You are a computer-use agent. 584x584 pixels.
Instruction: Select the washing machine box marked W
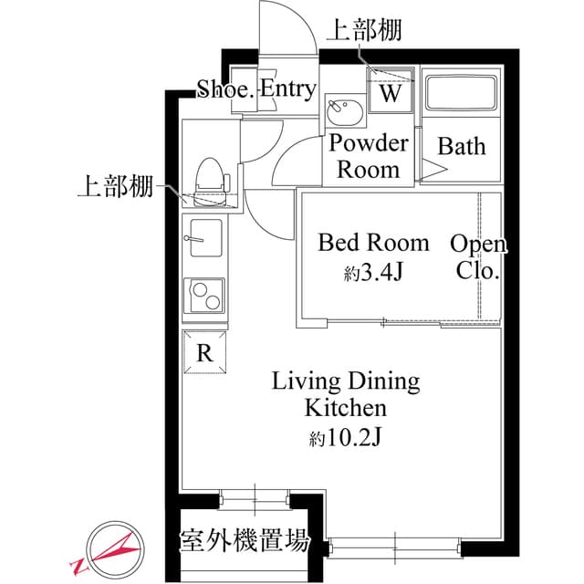pos(391,92)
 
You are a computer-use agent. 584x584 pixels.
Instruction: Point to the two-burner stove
pos(205,297)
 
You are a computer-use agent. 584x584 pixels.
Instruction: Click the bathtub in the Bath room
pos(461,93)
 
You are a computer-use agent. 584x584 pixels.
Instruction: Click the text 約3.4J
pos(373,271)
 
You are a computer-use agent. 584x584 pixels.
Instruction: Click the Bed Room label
pos(373,243)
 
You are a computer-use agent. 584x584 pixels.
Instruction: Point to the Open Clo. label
pos(477,257)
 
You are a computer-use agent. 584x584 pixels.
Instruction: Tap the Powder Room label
pos(369,156)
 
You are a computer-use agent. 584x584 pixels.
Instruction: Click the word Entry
pos(288,89)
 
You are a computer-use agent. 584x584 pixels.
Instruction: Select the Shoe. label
pos(225,89)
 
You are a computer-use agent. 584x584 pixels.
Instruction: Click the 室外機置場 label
pos(243,541)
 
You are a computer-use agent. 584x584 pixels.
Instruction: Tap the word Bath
pos(462,146)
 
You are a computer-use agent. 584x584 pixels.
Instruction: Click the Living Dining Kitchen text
pos(346,393)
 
